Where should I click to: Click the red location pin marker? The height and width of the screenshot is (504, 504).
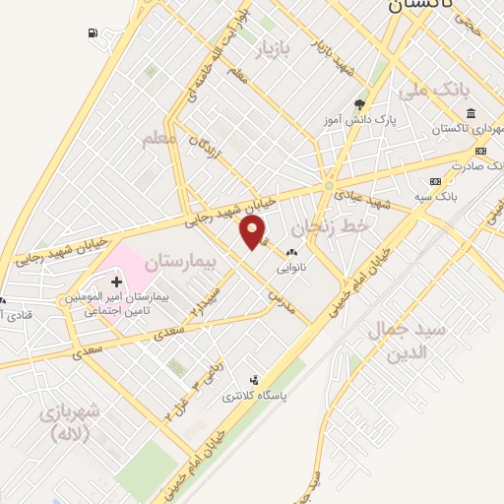(253, 231)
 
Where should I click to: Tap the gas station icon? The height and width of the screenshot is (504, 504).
(93, 33)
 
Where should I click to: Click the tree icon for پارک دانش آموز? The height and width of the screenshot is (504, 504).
(360, 103)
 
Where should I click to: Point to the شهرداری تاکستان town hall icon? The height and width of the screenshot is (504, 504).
(472, 113)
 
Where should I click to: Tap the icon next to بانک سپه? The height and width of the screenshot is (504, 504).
(436, 181)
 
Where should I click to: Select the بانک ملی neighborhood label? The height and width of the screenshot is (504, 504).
(430, 91)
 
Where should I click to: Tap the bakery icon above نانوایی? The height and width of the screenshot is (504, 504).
(291, 253)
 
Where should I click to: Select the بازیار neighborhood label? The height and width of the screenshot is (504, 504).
(276, 49)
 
